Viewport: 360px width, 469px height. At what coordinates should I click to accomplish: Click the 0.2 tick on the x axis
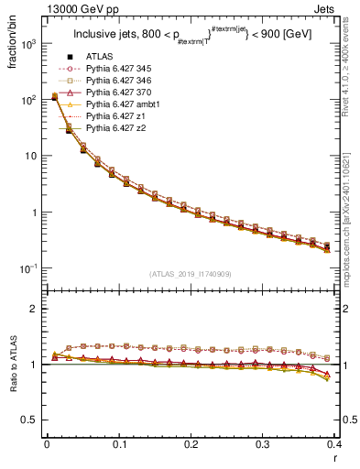[191, 444]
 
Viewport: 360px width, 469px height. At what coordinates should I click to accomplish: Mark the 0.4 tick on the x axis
[335, 444]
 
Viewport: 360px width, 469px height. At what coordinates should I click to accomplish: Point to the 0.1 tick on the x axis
[119, 444]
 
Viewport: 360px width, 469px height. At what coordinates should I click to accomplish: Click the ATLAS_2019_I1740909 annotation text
[191, 273]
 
